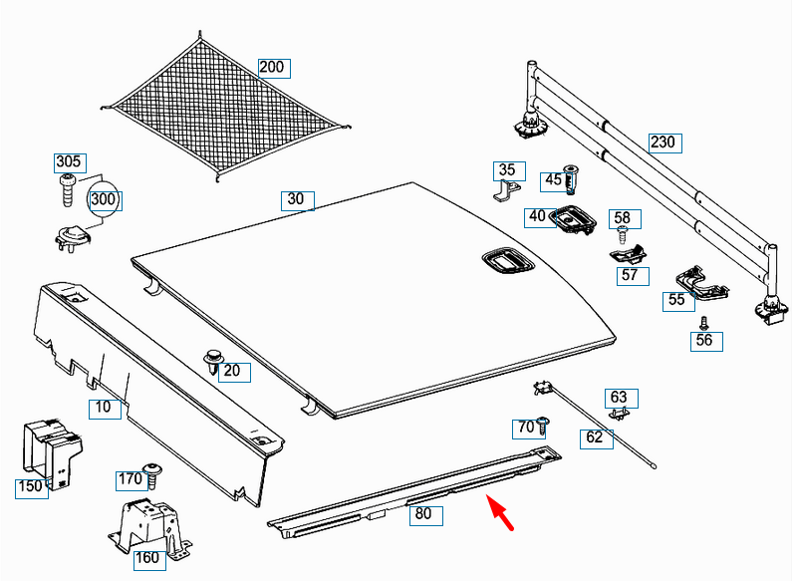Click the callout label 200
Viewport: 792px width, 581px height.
point(271,68)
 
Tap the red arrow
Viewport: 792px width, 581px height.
point(501,517)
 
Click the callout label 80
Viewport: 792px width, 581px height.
point(423,515)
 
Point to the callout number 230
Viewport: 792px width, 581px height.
point(662,142)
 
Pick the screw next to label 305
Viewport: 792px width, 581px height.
point(68,187)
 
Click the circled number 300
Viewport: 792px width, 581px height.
point(104,199)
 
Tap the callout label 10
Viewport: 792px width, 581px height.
point(103,407)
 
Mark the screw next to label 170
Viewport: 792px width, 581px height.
point(153,473)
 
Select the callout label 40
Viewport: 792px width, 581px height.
point(538,215)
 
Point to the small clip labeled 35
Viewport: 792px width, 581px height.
point(507,188)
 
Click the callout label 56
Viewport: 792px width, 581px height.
point(704,340)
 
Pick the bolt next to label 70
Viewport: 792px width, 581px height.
point(544,427)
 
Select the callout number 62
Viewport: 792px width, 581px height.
point(595,436)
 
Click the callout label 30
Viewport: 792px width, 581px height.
point(296,199)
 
